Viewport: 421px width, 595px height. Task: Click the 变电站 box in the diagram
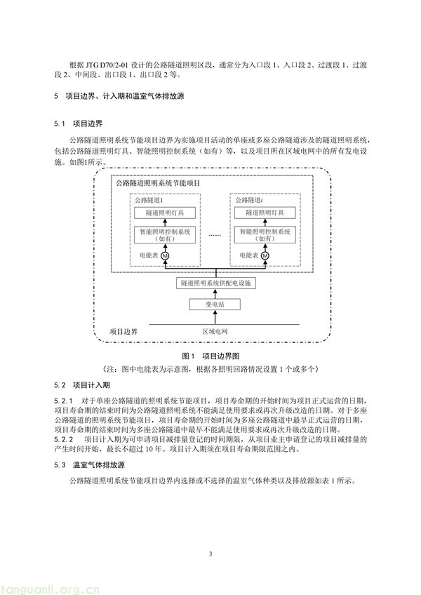tap(215, 305)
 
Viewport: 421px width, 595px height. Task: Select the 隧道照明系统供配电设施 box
tap(215, 283)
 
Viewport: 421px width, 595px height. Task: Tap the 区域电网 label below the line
tap(215, 332)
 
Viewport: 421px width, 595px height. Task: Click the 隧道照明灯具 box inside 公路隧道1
tap(165, 213)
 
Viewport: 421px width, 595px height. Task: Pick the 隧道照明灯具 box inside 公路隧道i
tap(265, 213)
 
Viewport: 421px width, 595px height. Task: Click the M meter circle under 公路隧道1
tap(165, 256)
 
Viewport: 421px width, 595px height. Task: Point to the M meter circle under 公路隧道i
tap(265, 256)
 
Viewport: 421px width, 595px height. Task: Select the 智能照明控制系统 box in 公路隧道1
tap(165, 235)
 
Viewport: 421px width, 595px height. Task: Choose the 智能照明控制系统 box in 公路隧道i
tap(265, 235)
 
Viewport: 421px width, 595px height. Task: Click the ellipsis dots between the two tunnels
tap(215, 235)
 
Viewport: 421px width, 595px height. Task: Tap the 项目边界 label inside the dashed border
tap(123, 332)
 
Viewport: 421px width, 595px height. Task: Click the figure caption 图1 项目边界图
tap(210, 356)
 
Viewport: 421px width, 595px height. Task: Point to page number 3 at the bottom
tap(210, 554)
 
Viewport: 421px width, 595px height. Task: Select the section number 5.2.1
tap(63, 401)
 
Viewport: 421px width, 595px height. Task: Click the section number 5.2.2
tap(63, 440)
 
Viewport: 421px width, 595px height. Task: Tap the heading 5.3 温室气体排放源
tap(89, 465)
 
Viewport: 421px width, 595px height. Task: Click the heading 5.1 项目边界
tap(78, 123)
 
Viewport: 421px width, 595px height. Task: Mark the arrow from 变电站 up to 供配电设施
tap(215, 294)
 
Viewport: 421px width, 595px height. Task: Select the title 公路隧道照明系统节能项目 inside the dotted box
tap(158, 183)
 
